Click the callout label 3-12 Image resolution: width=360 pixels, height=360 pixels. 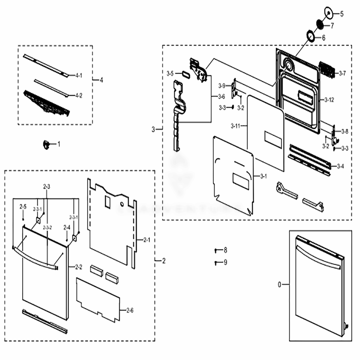(x=329, y=100)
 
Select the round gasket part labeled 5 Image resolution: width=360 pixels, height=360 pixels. (x=328, y=12)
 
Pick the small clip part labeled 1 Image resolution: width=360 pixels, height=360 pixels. (x=46, y=145)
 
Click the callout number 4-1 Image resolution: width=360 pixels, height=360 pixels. (x=78, y=75)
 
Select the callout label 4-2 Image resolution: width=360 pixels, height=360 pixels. (x=78, y=95)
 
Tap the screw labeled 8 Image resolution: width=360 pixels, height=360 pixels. (x=216, y=250)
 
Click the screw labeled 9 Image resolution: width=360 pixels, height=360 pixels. (x=216, y=262)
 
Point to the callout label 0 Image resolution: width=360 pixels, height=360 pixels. (x=279, y=285)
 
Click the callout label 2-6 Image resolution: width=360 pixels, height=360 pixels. (x=130, y=310)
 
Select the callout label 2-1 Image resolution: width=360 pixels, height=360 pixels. (x=146, y=240)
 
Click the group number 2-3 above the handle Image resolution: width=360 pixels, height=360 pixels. (x=46, y=186)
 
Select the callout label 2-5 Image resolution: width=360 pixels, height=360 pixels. (x=23, y=207)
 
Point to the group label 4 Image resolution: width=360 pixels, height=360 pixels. (x=101, y=80)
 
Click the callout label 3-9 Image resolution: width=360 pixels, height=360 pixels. (x=222, y=86)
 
